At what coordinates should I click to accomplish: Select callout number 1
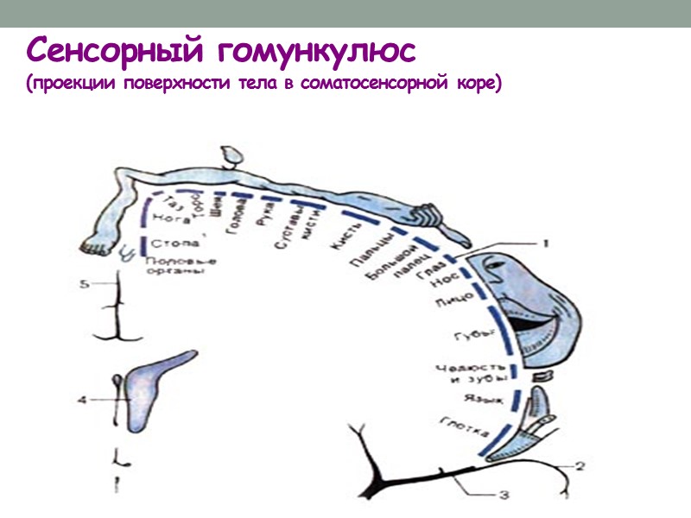[545, 244]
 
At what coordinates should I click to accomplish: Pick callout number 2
[580, 467]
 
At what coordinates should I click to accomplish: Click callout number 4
[82, 400]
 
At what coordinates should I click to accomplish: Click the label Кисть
[339, 243]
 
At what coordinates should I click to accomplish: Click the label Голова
[234, 223]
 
